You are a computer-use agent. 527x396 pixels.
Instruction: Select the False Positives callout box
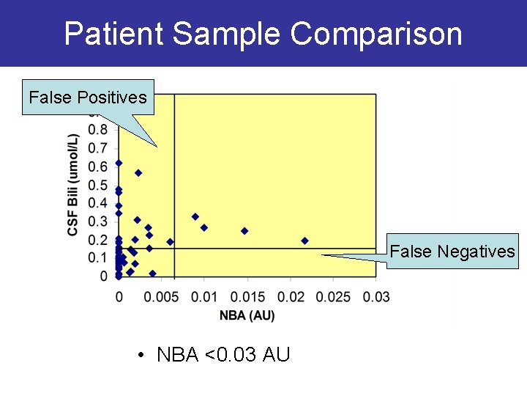coord(88,98)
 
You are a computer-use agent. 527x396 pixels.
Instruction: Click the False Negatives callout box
coord(452,252)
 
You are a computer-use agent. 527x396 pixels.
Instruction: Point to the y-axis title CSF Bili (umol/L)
coord(73,185)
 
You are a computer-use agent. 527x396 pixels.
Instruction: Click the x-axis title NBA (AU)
coord(247,315)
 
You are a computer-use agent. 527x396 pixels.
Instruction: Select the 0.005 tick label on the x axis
coord(160,296)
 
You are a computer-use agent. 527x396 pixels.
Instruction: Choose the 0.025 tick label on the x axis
coord(333,296)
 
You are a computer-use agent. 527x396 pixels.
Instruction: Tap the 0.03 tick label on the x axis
coord(376,296)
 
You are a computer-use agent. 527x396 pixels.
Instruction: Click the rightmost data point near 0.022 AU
coord(304,241)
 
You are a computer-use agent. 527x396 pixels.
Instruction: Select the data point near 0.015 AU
coord(244,231)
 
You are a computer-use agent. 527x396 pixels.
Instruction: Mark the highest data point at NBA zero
coord(119,163)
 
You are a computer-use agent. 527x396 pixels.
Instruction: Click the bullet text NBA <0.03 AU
coord(223,355)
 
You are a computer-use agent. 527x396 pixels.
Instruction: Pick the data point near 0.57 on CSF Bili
coord(138,173)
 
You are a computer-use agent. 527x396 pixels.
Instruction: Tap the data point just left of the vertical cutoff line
coord(170,241)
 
